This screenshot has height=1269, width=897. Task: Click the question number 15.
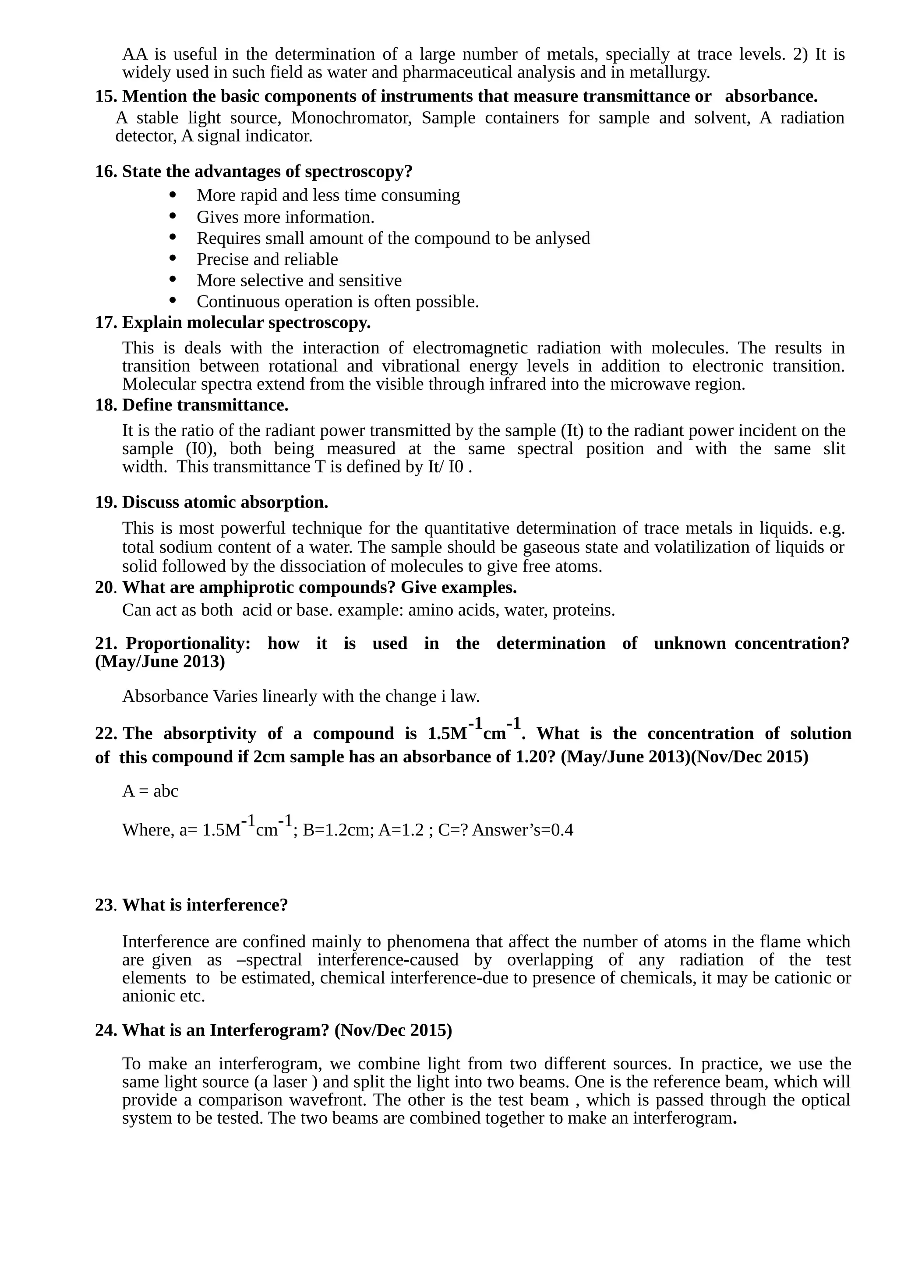click(x=105, y=97)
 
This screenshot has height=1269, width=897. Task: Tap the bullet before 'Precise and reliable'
click(x=173, y=258)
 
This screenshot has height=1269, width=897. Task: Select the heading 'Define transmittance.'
click(x=205, y=405)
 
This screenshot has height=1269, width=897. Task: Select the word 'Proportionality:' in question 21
click(x=188, y=643)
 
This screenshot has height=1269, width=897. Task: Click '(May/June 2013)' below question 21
click(x=160, y=662)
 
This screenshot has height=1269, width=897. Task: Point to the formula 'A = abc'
click(x=150, y=791)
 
